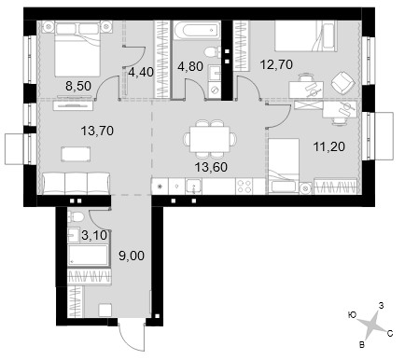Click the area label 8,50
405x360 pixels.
point(78,86)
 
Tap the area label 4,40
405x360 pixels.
point(141,72)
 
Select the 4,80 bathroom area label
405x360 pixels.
point(190,66)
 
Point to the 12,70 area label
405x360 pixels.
point(277,64)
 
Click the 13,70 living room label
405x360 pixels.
point(97,131)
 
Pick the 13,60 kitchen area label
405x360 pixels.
point(211,167)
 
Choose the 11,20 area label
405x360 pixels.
point(329,146)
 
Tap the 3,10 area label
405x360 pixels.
point(94,235)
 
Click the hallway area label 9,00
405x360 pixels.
point(132,256)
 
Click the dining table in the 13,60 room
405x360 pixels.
point(210,139)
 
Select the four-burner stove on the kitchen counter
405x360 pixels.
point(244,187)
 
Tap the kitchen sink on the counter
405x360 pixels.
point(193,187)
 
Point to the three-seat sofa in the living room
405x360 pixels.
point(77,184)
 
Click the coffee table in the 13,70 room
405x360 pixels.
point(77,154)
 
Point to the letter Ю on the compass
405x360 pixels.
point(352,315)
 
